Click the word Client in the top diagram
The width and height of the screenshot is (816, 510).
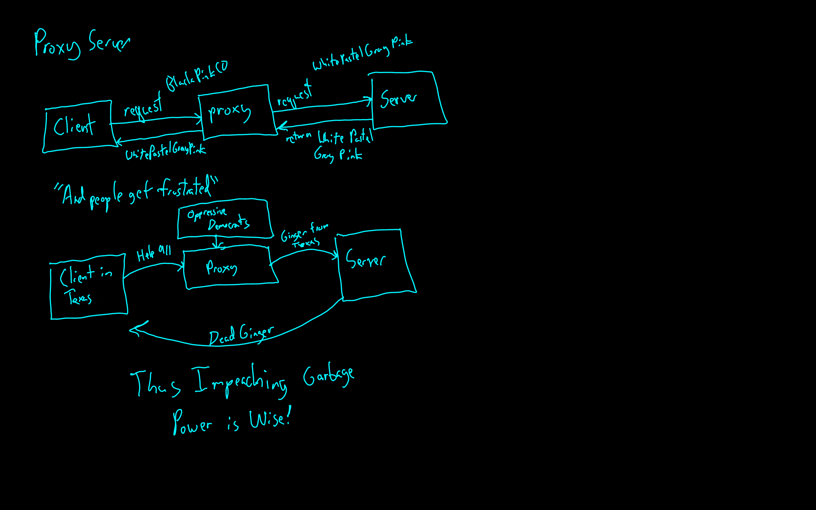pyautogui.click(x=74, y=126)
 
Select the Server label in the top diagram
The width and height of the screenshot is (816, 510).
pyautogui.click(x=398, y=98)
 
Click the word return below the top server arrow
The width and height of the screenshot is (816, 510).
pyautogui.click(x=298, y=137)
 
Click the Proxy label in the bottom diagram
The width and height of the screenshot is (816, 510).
pyautogui.click(x=221, y=268)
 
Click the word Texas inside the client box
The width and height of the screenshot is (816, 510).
pyautogui.click(x=79, y=297)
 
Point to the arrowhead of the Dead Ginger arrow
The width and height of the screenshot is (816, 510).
pyautogui.click(x=132, y=330)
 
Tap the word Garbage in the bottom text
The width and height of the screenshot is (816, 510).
pyautogui.click(x=328, y=375)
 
